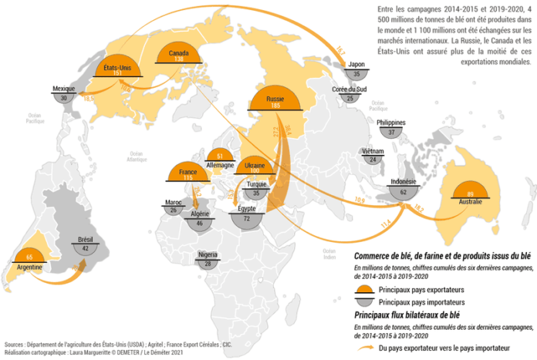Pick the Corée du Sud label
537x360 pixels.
(349, 89)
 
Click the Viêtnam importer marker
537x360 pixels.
(373, 159)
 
